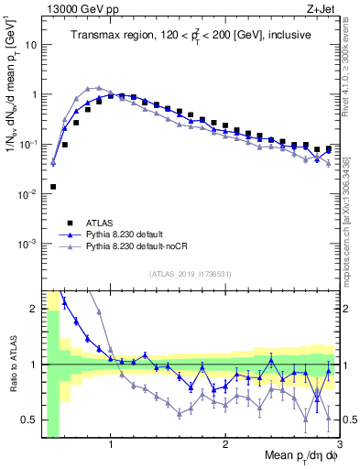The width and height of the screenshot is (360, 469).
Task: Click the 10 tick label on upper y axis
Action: pos(29,44)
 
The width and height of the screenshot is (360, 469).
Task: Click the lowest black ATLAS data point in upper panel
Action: pos(53,187)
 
